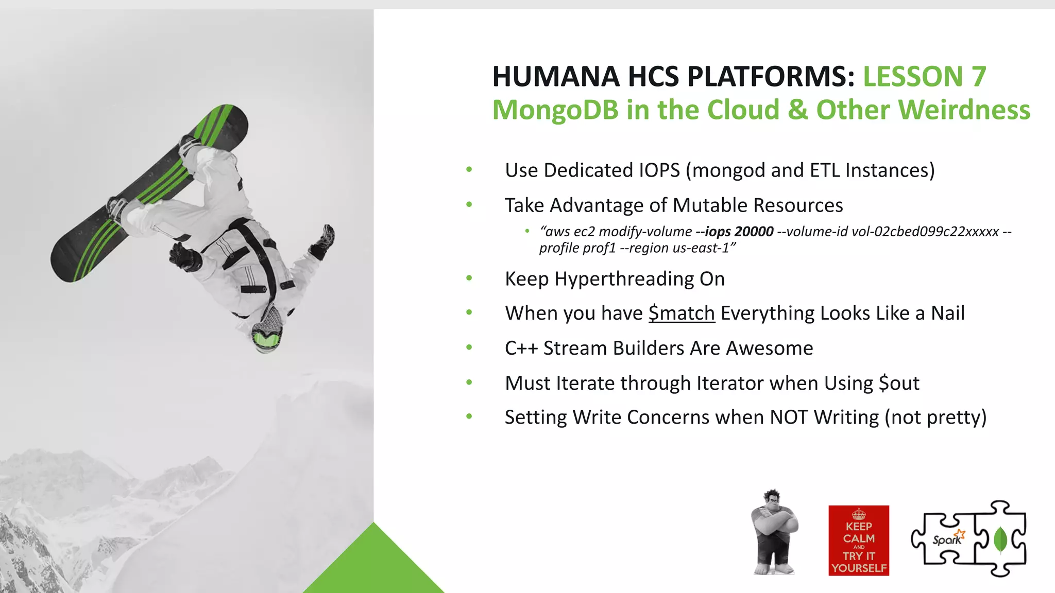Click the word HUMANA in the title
point(556,77)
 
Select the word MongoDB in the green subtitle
point(555,110)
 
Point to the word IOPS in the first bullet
point(659,170)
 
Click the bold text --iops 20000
point(734,232)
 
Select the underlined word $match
point(681,313)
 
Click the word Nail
point(947,313)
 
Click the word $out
point(899,383)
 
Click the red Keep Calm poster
point(858,540)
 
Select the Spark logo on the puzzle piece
point(947,539)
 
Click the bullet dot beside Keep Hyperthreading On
point(469,278)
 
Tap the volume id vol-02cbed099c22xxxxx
point(925,232)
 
